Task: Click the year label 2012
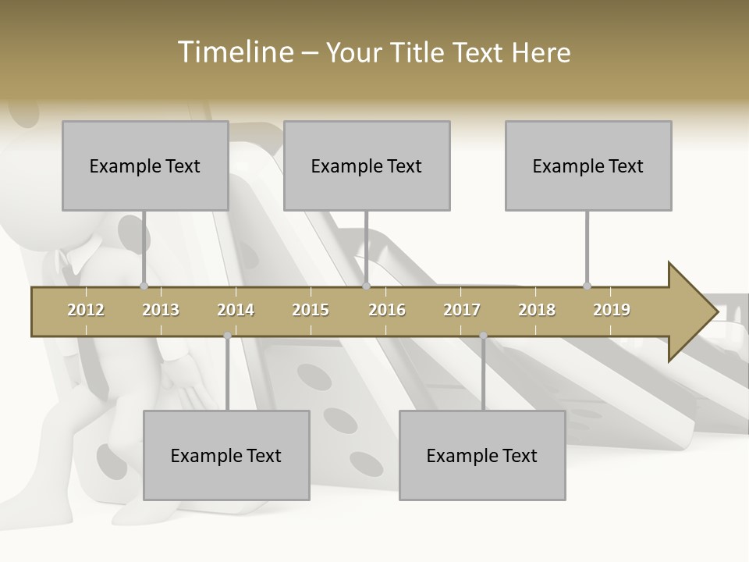pos(86,310)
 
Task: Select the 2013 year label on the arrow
pos(161,310)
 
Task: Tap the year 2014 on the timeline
pos(236,310)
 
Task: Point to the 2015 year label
pos(311,310)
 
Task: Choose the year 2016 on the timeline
pos(387,310)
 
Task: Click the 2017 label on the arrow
pos(462,310)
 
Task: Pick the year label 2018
pos(537,310)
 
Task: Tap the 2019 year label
pos(612,310)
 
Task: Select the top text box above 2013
pos(145,165)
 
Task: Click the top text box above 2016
pos(367,165)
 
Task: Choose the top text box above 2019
pos(588,165)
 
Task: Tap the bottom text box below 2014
pos(226,455)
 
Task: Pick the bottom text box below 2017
pos(482,455)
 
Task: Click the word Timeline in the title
pos(234,52)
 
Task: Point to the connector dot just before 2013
pos(144,286)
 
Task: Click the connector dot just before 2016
pos(366,286)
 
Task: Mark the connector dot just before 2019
pos(587,286)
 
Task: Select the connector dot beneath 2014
pos(227,336)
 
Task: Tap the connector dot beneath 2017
pos(483,336)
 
